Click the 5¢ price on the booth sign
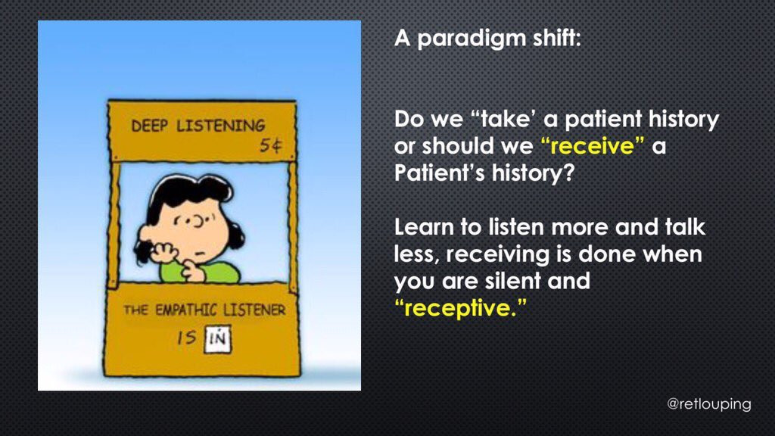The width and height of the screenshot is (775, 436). pyautogui.click(x=271, y=145)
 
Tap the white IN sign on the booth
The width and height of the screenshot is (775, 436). pyautogui.click(x=217, y=338)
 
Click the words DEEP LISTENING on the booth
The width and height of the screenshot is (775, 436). pyautogui.click(x=198, y=126)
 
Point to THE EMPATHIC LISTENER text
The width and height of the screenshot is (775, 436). pyautogui.click(x=204, y=310)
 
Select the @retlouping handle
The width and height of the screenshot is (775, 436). pyautogui.click(x=708, y=404)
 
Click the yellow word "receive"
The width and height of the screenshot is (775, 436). pyautogui.click(x=592, y=146)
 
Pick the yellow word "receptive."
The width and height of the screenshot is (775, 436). pyautogui.click(x=460, y=309)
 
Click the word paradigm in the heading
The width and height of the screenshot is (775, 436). pyautogui.click(x=472, y=39)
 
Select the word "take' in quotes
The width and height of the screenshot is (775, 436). pyautogui.click(x=503, y=119)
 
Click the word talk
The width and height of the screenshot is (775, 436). pyautogui.click(x=685, y=227)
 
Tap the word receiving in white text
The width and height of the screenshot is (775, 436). pyautogui.click(x=497, y=255)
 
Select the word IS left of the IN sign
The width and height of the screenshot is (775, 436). pyautogui.click(x=187, y=338)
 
